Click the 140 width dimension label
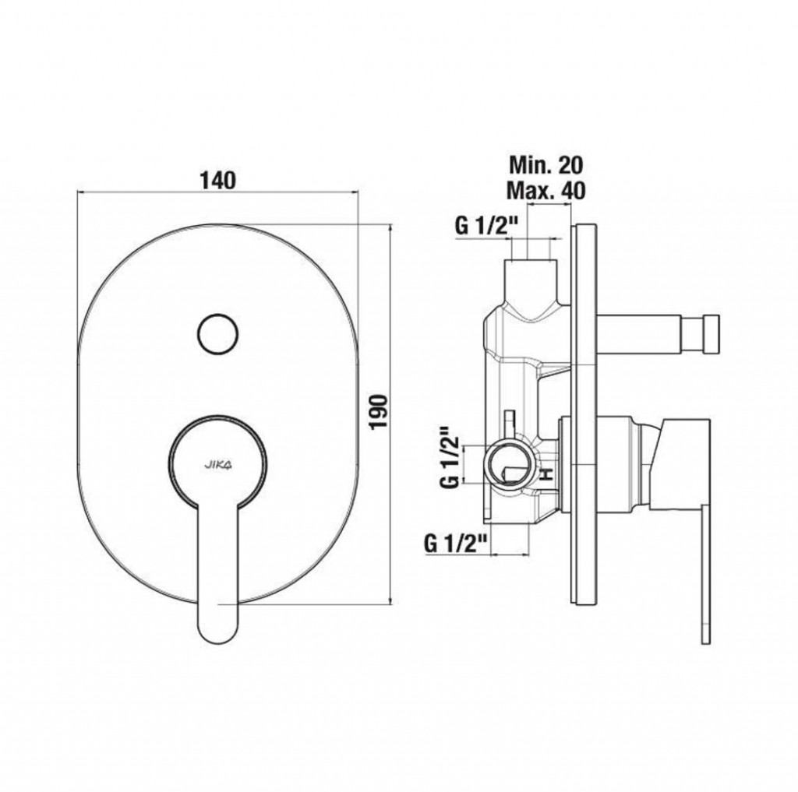(217, 180)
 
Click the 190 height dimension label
(380, 411)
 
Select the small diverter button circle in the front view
(217, 333)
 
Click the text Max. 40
(546, 190)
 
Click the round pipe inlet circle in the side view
(510, 463)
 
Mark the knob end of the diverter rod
(709, 333)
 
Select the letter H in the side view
(546, 475)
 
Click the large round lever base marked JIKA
(218, 463)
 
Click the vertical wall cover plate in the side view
(584, 415)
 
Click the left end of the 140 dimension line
(77, 192)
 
